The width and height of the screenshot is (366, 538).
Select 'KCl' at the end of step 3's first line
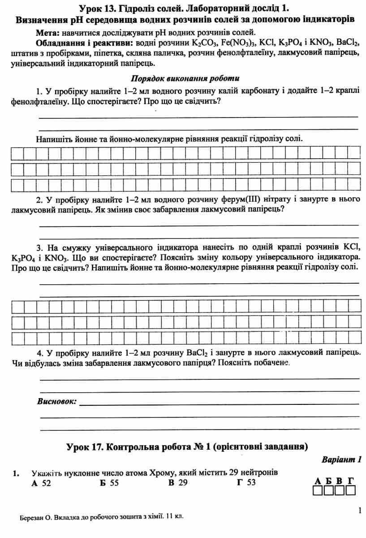[352, 247]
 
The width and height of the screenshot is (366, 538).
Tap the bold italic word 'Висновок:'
[57, 401]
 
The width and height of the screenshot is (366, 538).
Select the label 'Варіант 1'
[341, 460]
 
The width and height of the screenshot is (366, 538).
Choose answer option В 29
[178, 482]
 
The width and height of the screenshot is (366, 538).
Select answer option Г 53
[246, 482]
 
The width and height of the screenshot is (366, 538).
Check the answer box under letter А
[318, 490]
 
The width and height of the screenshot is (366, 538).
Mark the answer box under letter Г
[351, 490]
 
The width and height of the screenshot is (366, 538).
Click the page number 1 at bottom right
[359, 510]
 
